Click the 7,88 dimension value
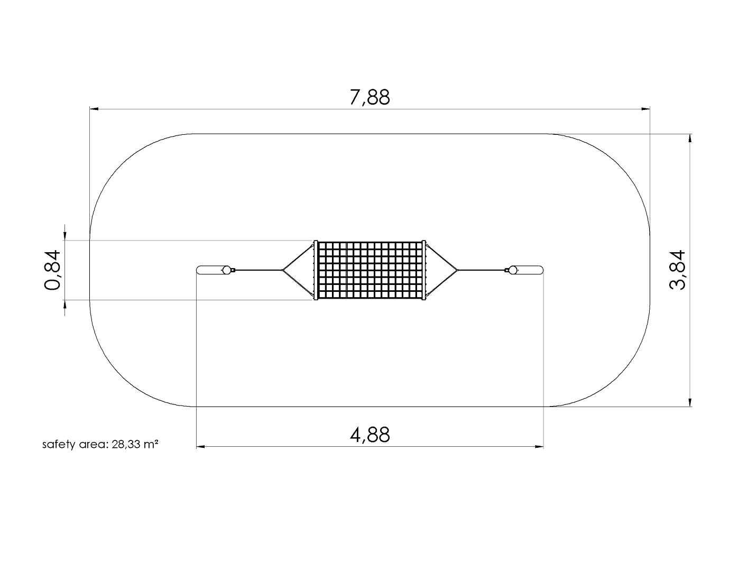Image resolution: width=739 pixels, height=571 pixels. [x=369, y=98]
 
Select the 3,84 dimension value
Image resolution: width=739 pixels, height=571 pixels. [x=677, y=270]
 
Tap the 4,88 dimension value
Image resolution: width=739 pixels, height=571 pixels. [x=369, y=435]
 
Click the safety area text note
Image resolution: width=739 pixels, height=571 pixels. [x=100, y=445]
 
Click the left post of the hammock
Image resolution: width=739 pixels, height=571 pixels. [x=210, y=270]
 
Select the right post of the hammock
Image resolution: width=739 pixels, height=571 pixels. [x=529, y=270]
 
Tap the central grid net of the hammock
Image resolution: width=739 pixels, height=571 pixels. [x=369, y=270]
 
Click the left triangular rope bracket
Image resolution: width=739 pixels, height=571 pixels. [x=299, y=270]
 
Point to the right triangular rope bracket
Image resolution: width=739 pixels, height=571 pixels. [x=441, y=270]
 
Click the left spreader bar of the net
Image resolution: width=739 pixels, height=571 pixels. [x=316, y=270]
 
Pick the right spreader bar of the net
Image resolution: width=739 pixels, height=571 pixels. [x=424, y=270]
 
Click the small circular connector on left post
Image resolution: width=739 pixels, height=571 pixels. [x=227, y=270]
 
